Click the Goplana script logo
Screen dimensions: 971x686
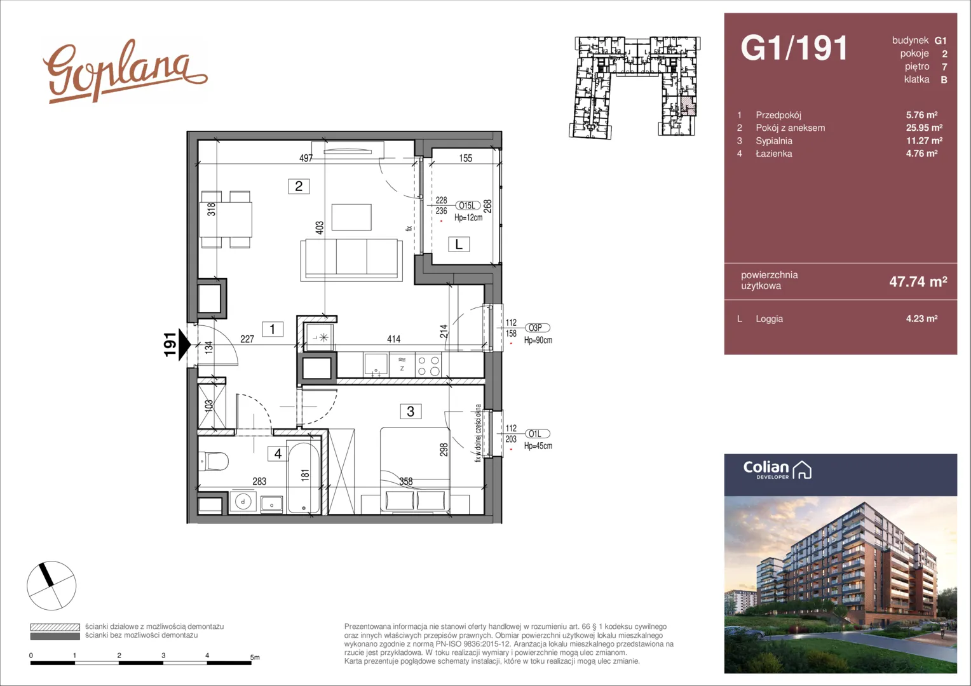pyautogui.click(x=125, y=72)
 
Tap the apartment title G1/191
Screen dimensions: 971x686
pyautogui.click(x=794, y=48)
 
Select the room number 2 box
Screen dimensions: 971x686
pyautogui.click(x=299, y=186)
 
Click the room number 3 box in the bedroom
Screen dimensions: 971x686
pyautogui.click(x=410, y=411)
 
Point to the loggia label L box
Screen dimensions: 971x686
pyautogui.click(x=459, y=245)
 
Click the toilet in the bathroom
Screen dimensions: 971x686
pyautogui.click(x=214, y=462)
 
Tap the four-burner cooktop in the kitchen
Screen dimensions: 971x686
pyautogui.click(x=428, y=365)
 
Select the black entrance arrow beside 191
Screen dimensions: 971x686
pyautogui.click(x=185, y=345)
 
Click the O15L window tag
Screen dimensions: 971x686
pyautogui.click(x=467, y=206)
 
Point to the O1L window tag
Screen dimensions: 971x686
pyautogui.click(x=537, y=434)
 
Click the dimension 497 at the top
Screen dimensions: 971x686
pyautogui.click(x=306, y=158)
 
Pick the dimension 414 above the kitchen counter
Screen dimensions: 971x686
pyautogui.click(x=393, y=339)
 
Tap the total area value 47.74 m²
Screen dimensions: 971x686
pyautogui.click(x=918, y=281)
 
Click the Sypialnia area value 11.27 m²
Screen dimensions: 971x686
pyautogui.click(x=924, y=141)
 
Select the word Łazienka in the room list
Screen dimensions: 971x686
pyautogui.click(x=774, y=154)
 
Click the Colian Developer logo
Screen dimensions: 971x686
pyautogui.click(x=777, y=470)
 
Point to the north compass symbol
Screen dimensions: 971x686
pyautogui.click(x=51, y=586)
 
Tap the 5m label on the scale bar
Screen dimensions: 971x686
pyautogui.click(x=255, y=657)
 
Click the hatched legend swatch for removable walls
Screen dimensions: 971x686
pyautogui.click(x=55, y=627)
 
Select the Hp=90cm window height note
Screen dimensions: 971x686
pyautogui.click(x=538, y=340)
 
